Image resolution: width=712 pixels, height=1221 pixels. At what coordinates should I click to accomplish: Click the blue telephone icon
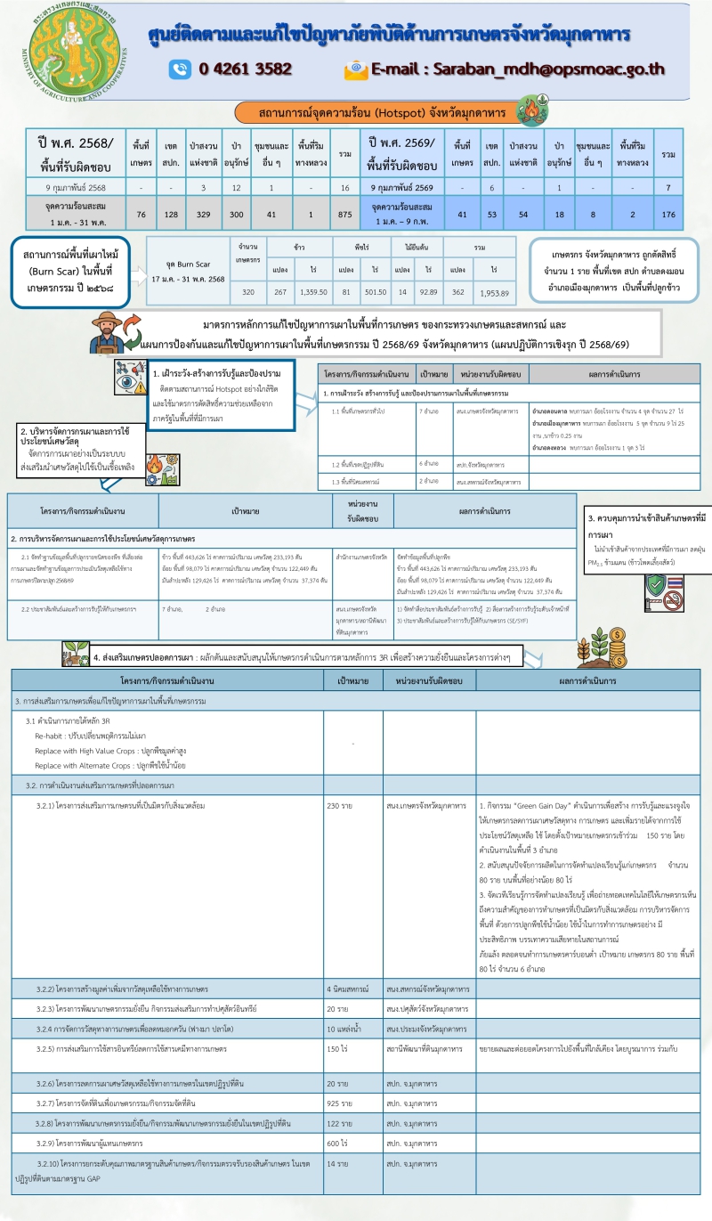click(x=181, y=69)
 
